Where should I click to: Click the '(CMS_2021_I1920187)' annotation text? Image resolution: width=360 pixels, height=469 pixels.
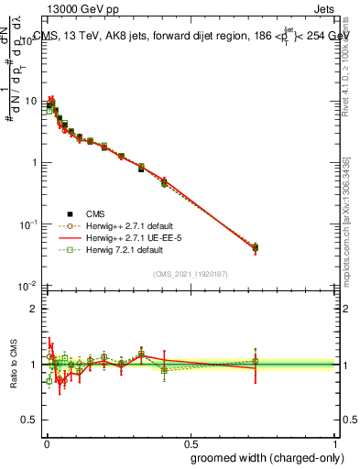point(191,272)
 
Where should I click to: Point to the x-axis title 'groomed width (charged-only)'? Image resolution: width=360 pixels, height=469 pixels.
point(263,456)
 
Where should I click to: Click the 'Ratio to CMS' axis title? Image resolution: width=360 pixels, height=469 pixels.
point(15,364)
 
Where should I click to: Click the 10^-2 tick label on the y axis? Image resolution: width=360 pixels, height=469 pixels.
point(27,286)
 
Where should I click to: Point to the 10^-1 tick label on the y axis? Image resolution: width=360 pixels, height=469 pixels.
point(27,224)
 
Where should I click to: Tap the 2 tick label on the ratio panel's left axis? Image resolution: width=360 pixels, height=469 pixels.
point(35,309)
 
